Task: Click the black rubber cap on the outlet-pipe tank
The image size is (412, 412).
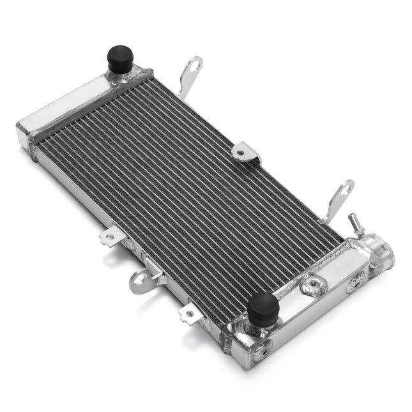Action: point(263,309)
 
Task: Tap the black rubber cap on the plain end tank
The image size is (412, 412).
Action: point(119,59)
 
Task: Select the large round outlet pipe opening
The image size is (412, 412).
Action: point(384,252)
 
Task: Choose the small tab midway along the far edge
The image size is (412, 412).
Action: point(246,153)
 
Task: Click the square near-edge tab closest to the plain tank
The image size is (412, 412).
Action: point(111,236)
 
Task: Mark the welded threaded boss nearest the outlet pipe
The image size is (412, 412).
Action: point(355,281)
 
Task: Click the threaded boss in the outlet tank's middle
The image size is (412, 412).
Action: point(314,286)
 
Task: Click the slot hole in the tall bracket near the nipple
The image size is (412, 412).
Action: point(341,192)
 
